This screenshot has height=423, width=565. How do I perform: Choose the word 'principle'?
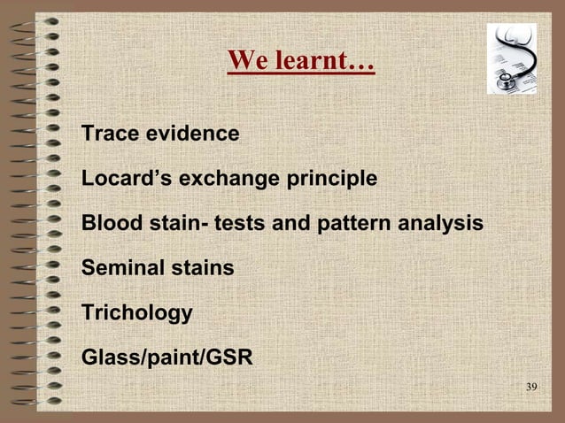[331, 180]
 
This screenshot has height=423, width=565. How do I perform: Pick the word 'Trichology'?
[136, 313]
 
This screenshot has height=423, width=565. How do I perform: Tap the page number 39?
[531, 388]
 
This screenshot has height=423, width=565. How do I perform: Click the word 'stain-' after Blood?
[175, 224]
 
